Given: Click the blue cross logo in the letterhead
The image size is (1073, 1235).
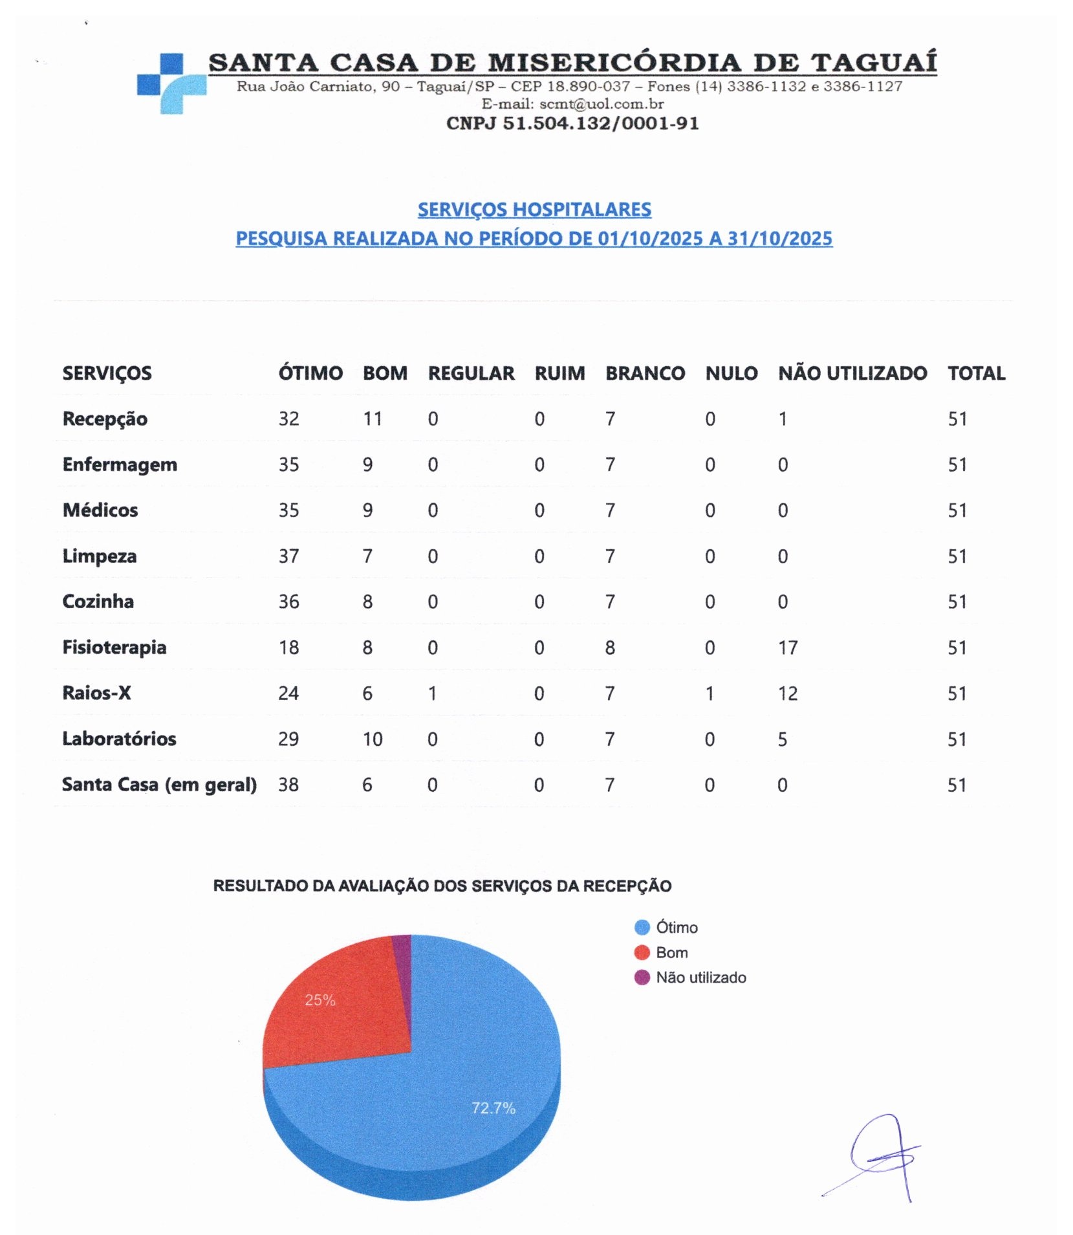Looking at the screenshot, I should [171, 83].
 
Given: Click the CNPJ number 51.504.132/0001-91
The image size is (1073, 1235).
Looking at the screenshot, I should [572, 123].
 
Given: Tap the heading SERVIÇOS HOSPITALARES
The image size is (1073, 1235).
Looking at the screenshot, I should [534, 210].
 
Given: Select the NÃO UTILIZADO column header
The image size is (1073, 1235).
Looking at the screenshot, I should [852, 373].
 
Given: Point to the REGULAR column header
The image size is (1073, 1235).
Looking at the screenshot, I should [471, 373].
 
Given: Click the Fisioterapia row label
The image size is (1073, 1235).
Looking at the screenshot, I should [114, 647].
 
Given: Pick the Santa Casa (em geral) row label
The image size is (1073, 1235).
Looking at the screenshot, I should [158, 784].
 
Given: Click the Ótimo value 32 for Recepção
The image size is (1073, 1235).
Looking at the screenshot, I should [288, 419].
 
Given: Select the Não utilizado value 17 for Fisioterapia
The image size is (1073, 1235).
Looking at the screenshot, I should [787, 648].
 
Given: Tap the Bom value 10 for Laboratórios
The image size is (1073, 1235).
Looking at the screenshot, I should [372, 739].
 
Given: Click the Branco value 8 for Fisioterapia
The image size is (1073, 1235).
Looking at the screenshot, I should [609, 648].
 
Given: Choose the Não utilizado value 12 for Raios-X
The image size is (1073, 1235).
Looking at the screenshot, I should [787, 694].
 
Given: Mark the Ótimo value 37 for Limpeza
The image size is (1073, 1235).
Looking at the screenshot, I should [288, 556].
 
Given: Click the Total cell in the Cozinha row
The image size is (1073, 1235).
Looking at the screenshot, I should [957, 602].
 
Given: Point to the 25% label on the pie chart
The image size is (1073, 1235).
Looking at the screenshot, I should [320, 1000].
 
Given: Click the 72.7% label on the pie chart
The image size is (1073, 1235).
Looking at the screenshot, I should [493, 1108].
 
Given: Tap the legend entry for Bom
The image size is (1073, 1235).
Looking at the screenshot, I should [671, 952].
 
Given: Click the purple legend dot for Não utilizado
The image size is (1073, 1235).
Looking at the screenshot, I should [642, 977].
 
